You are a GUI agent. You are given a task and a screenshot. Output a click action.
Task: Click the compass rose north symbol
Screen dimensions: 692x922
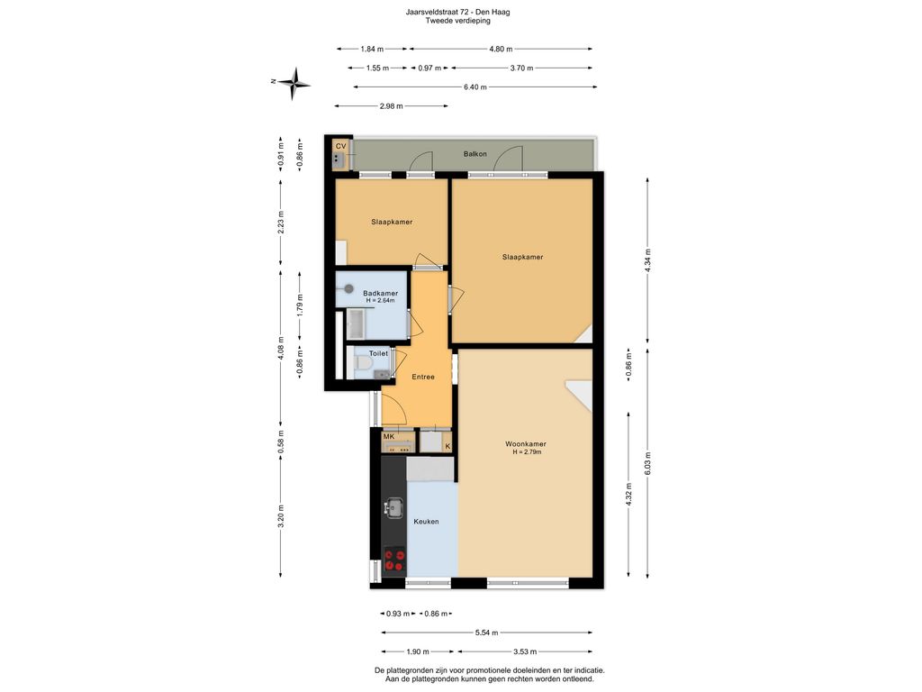click(x=294, y=84)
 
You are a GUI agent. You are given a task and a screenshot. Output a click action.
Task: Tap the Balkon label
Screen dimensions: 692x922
click(x=475, y=154)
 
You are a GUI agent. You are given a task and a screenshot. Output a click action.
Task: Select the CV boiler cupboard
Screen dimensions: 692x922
click(x=340, y=154)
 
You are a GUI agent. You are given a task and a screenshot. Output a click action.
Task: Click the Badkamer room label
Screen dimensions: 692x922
click(x=380, y=294)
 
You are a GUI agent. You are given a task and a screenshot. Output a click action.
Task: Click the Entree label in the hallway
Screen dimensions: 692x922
click(x=423, y=377)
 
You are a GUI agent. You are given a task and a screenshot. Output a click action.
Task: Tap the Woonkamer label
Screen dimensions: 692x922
click(x=526, y=444)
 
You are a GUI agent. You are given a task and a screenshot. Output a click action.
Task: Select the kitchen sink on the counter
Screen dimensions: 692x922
click(x=394, y=508)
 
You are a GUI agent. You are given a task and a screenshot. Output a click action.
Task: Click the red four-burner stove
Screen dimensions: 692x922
click(x=394, y=560)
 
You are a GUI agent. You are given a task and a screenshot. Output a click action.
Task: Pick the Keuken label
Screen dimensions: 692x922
click(x=426, y=522)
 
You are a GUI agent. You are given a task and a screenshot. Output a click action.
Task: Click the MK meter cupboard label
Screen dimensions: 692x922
click(x=389, y=437)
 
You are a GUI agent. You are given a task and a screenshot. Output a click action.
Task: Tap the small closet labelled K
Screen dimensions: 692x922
click(x=447, y=445)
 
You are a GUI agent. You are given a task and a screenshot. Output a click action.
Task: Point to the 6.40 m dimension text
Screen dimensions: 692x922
click(x=475, y=87)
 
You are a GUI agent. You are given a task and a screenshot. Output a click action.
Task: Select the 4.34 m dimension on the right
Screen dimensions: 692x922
click(x=648, y=259)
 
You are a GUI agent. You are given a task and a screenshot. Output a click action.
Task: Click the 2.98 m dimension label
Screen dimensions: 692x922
click(x=391, y=106)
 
